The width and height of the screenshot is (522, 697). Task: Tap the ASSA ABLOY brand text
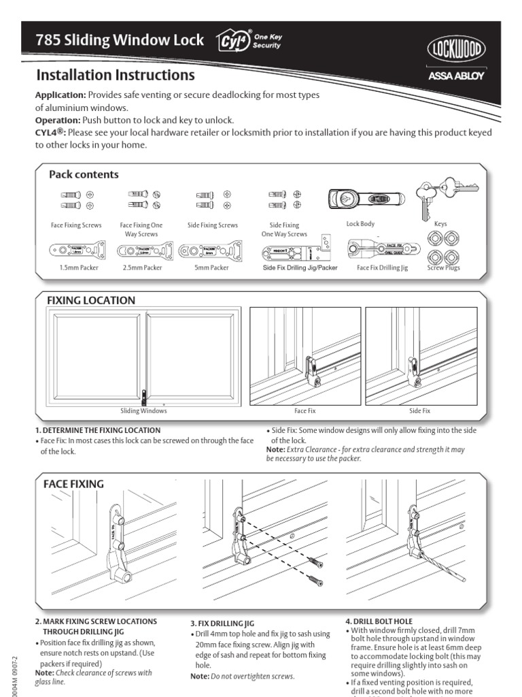[455, 76]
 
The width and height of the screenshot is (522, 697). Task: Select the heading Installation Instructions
[115, 75]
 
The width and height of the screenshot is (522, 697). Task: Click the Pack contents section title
[84, 174]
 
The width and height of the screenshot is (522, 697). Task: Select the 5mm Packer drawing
[211, 250]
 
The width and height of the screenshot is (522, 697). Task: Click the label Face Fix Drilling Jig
[383, 268]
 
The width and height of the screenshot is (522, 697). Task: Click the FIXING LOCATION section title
[90, 300]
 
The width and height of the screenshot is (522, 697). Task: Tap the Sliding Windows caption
[143, 411]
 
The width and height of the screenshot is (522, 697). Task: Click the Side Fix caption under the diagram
[419, 411]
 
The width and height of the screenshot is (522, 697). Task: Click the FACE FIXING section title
[73, 484]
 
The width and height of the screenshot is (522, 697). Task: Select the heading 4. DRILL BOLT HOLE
[379, 622]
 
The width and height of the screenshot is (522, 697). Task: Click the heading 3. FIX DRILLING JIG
[222, 623]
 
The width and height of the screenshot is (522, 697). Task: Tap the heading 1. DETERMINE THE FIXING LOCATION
[98, 430]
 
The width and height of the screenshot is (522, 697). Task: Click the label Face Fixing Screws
[76, 225]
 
